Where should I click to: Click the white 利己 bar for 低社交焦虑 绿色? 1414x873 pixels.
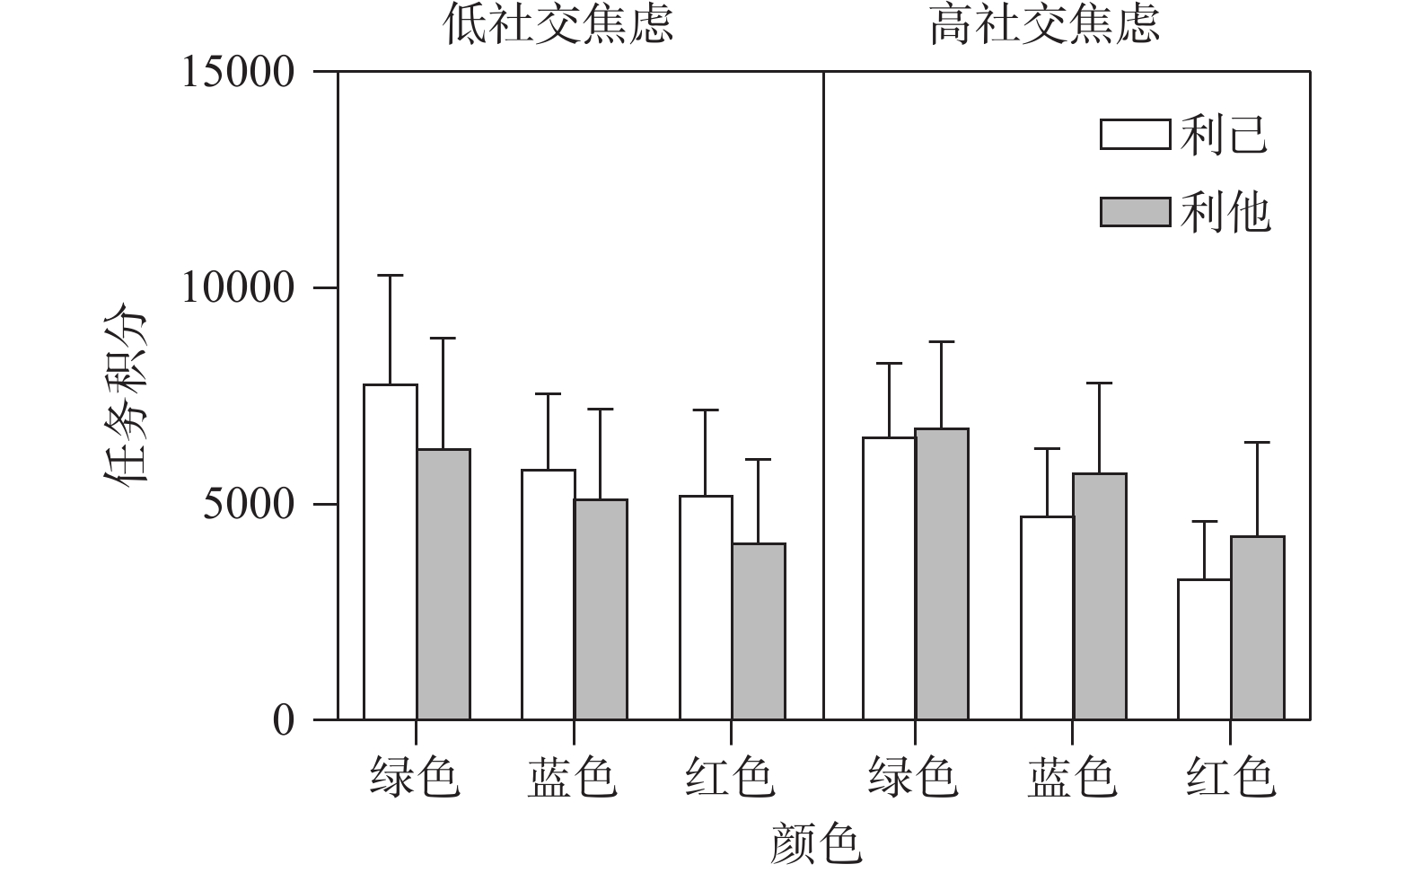(391, 552)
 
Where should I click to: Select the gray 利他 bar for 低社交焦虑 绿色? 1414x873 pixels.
(444, 584)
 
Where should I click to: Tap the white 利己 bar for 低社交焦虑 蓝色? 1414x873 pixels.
(549, 595)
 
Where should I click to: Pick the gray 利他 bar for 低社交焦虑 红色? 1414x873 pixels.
(759, 631)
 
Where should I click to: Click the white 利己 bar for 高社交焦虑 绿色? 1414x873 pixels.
(890, 578)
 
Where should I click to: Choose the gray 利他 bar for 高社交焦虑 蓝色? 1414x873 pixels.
(1100, 596)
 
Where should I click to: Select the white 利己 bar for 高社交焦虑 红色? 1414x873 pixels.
(1205, 649)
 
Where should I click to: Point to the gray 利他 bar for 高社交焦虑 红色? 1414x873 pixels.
(1258, 628)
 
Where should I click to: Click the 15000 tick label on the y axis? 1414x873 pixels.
(239, 72)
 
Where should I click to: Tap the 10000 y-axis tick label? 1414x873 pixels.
(239, 288)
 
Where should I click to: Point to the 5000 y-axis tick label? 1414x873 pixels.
(249, 505)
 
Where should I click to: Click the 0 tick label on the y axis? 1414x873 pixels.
(284, 720)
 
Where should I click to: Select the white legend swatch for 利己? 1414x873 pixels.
(1136, 134)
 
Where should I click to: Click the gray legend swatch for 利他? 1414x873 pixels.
(1136, 212)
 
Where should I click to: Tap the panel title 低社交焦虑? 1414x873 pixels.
(558, 25)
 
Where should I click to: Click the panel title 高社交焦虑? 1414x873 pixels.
(1045, 25)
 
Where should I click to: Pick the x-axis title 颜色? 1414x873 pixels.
(815, 844)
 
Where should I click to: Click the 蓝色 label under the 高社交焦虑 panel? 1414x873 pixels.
(1072, 777)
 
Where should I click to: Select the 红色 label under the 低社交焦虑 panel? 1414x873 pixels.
(730, 777)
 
